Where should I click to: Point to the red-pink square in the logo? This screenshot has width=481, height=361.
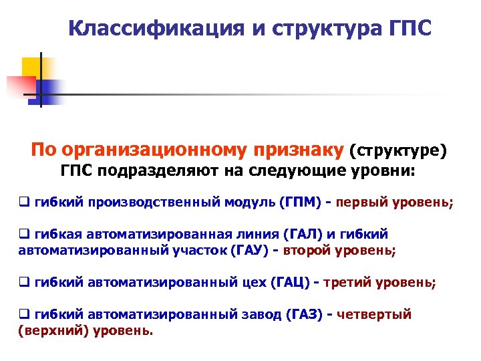(x=20, y=86)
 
